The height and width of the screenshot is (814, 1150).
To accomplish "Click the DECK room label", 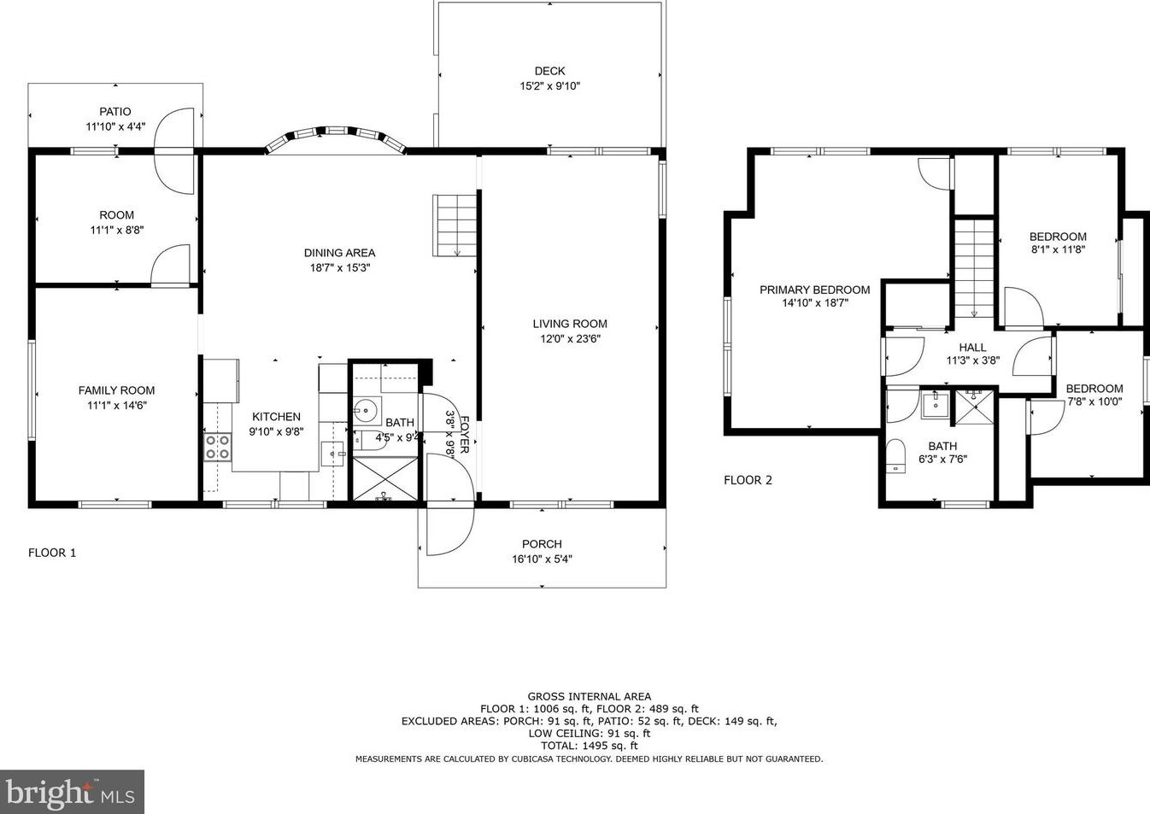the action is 549,71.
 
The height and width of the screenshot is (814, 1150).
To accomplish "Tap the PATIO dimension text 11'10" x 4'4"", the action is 115,126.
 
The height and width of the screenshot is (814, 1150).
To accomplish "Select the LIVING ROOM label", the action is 570,324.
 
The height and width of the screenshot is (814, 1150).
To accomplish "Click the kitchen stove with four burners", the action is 217,447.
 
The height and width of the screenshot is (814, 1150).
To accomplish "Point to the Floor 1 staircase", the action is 455,225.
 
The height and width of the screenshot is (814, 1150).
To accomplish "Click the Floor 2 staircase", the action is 974,269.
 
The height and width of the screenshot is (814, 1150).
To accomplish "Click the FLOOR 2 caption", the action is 748,480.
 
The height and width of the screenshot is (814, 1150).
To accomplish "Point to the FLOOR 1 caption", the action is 52,553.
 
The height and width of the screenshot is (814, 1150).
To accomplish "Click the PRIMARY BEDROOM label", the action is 815,290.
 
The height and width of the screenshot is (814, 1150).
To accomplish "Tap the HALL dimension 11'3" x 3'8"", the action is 973,360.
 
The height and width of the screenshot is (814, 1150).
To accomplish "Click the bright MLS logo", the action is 72,792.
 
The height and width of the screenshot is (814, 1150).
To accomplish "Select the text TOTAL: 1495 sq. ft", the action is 590,746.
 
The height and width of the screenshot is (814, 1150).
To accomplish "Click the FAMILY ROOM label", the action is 116,390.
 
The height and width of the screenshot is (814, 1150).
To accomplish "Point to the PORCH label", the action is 542,544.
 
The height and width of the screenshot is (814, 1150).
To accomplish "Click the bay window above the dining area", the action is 336,138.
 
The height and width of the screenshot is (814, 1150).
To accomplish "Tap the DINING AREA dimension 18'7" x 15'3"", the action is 339,267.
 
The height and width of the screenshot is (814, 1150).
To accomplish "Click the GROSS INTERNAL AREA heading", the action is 590,696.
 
